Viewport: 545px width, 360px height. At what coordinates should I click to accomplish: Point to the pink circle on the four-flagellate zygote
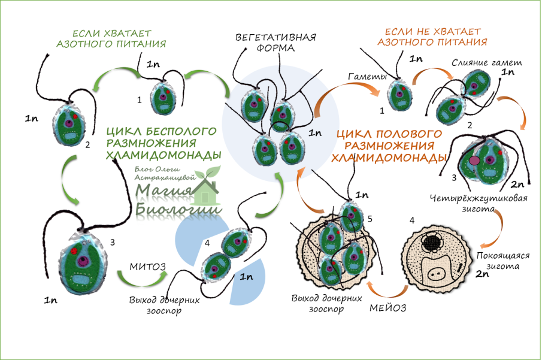pos(474,161)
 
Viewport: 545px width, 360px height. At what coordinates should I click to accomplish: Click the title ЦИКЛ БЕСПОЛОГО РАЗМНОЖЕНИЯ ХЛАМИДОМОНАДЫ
pos(162,143)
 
